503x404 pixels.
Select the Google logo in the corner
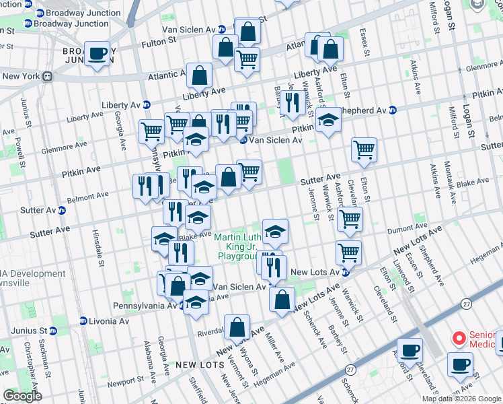point(22,396)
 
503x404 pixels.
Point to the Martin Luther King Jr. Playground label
point(236,246)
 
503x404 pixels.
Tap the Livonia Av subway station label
point(104,321)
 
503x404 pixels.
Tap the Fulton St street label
point(158,42)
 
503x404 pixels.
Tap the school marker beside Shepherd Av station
point(328,121)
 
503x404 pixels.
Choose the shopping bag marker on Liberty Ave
point(200,76)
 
